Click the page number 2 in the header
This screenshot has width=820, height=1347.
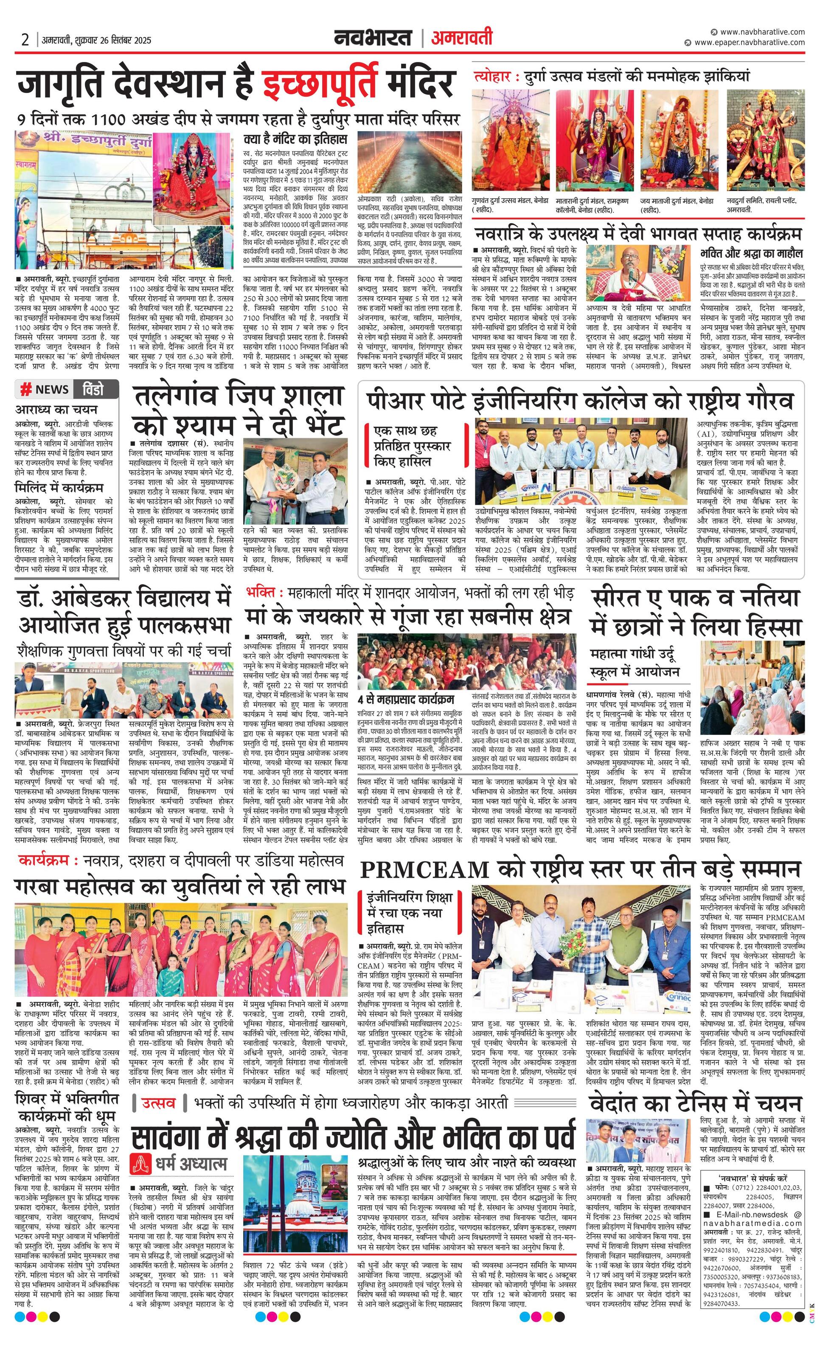click(25, 39)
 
